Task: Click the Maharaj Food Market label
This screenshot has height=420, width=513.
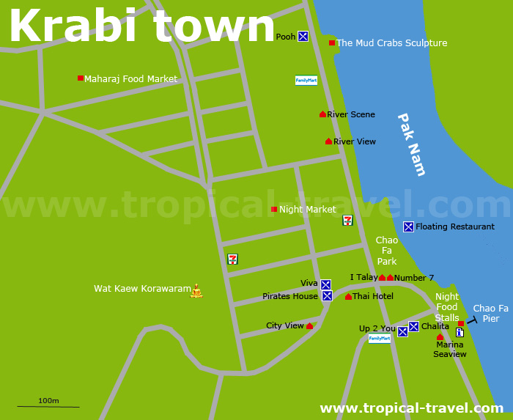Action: pos(130,79)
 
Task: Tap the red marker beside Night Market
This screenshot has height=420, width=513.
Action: pos(274,210)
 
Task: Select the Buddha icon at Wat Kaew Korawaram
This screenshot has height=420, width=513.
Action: pos(196,291)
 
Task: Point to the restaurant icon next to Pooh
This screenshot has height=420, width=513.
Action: pos(303,36)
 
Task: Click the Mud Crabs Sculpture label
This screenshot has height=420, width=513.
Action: pos(391,43)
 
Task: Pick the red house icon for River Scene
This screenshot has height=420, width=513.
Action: pos(322,114)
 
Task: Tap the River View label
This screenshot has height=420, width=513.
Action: pos(355,141)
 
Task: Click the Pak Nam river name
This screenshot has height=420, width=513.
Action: pos(411,144)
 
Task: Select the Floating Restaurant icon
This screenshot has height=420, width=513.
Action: pos(408,226)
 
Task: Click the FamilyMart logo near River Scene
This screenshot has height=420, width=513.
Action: pos(306,81)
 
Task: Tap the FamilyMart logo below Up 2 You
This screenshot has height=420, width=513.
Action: pos(380,339)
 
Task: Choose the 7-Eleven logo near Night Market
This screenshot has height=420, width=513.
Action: pos(347,220)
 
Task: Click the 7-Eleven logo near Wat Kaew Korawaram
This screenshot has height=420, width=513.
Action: pos(232,259)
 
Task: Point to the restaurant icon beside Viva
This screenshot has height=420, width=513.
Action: pos(325,284)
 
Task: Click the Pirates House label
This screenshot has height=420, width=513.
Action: pos(290,297)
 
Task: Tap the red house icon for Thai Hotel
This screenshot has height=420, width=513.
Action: pos(348,297)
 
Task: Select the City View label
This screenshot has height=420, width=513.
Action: pos(284,326)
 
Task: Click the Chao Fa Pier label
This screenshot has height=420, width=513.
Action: pos(490,313)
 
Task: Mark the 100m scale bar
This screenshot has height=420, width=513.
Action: pos(48,406)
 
